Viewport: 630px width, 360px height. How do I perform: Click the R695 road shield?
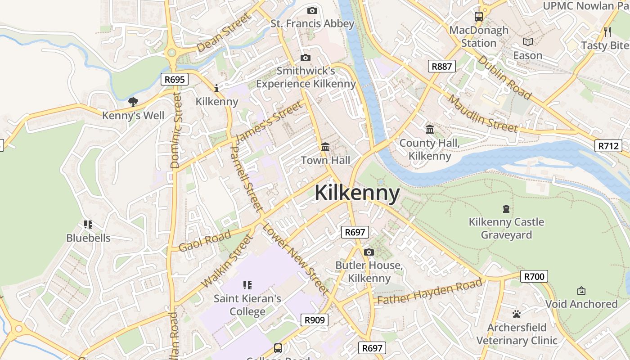(x=175, y=80)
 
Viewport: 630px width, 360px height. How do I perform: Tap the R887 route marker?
(x=441, y=67)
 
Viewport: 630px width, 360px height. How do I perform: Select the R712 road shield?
(x=608, y=146)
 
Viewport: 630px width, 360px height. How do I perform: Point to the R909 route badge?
(x=314, y=320)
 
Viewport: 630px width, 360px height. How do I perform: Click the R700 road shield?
(x=534, y=276)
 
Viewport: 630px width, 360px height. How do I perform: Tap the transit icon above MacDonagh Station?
(x=478, y=17)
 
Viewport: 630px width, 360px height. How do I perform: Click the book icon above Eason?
(x=527, y=42)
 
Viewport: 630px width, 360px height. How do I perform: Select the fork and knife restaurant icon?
(x=607, y=31)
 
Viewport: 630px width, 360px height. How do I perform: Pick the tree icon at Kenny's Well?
(x=133, y=102)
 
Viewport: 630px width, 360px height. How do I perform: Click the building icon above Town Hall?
(x=325, y=147)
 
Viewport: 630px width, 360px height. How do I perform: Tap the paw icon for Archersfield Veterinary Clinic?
(x=517, y=314)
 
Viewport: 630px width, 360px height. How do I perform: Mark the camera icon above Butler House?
(x=369, y=252)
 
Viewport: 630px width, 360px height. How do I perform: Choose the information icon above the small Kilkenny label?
(x=216, y=88)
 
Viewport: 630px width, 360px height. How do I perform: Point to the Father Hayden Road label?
(x=430, y=292)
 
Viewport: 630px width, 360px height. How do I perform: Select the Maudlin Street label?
(x=482, y=114)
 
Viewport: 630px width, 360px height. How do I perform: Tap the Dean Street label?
(x=223, y=32)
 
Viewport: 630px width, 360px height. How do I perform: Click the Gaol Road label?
(x=205, y=241)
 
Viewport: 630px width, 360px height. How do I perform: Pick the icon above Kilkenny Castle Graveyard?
(x=506, y=209)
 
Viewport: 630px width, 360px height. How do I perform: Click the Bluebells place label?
(x=88, y=238)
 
